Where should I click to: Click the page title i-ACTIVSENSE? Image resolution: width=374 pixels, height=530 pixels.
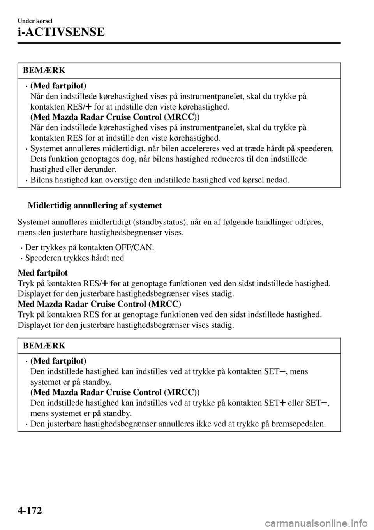(61, 32)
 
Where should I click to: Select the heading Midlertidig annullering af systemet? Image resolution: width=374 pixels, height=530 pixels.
(95, 205)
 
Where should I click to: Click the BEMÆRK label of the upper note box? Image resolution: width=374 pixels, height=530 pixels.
(44, 71)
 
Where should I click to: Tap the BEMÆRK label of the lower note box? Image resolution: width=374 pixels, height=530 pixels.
(44, 346)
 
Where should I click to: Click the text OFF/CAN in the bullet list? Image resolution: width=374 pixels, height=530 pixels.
(134, 247)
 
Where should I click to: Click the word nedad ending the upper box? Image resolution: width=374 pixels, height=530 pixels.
(280, 180)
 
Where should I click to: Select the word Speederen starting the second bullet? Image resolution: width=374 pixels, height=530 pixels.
(42, 258)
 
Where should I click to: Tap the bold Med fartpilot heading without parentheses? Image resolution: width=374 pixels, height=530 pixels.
(43, 273)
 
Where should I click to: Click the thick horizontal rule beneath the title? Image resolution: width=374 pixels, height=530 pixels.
(179, 44)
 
